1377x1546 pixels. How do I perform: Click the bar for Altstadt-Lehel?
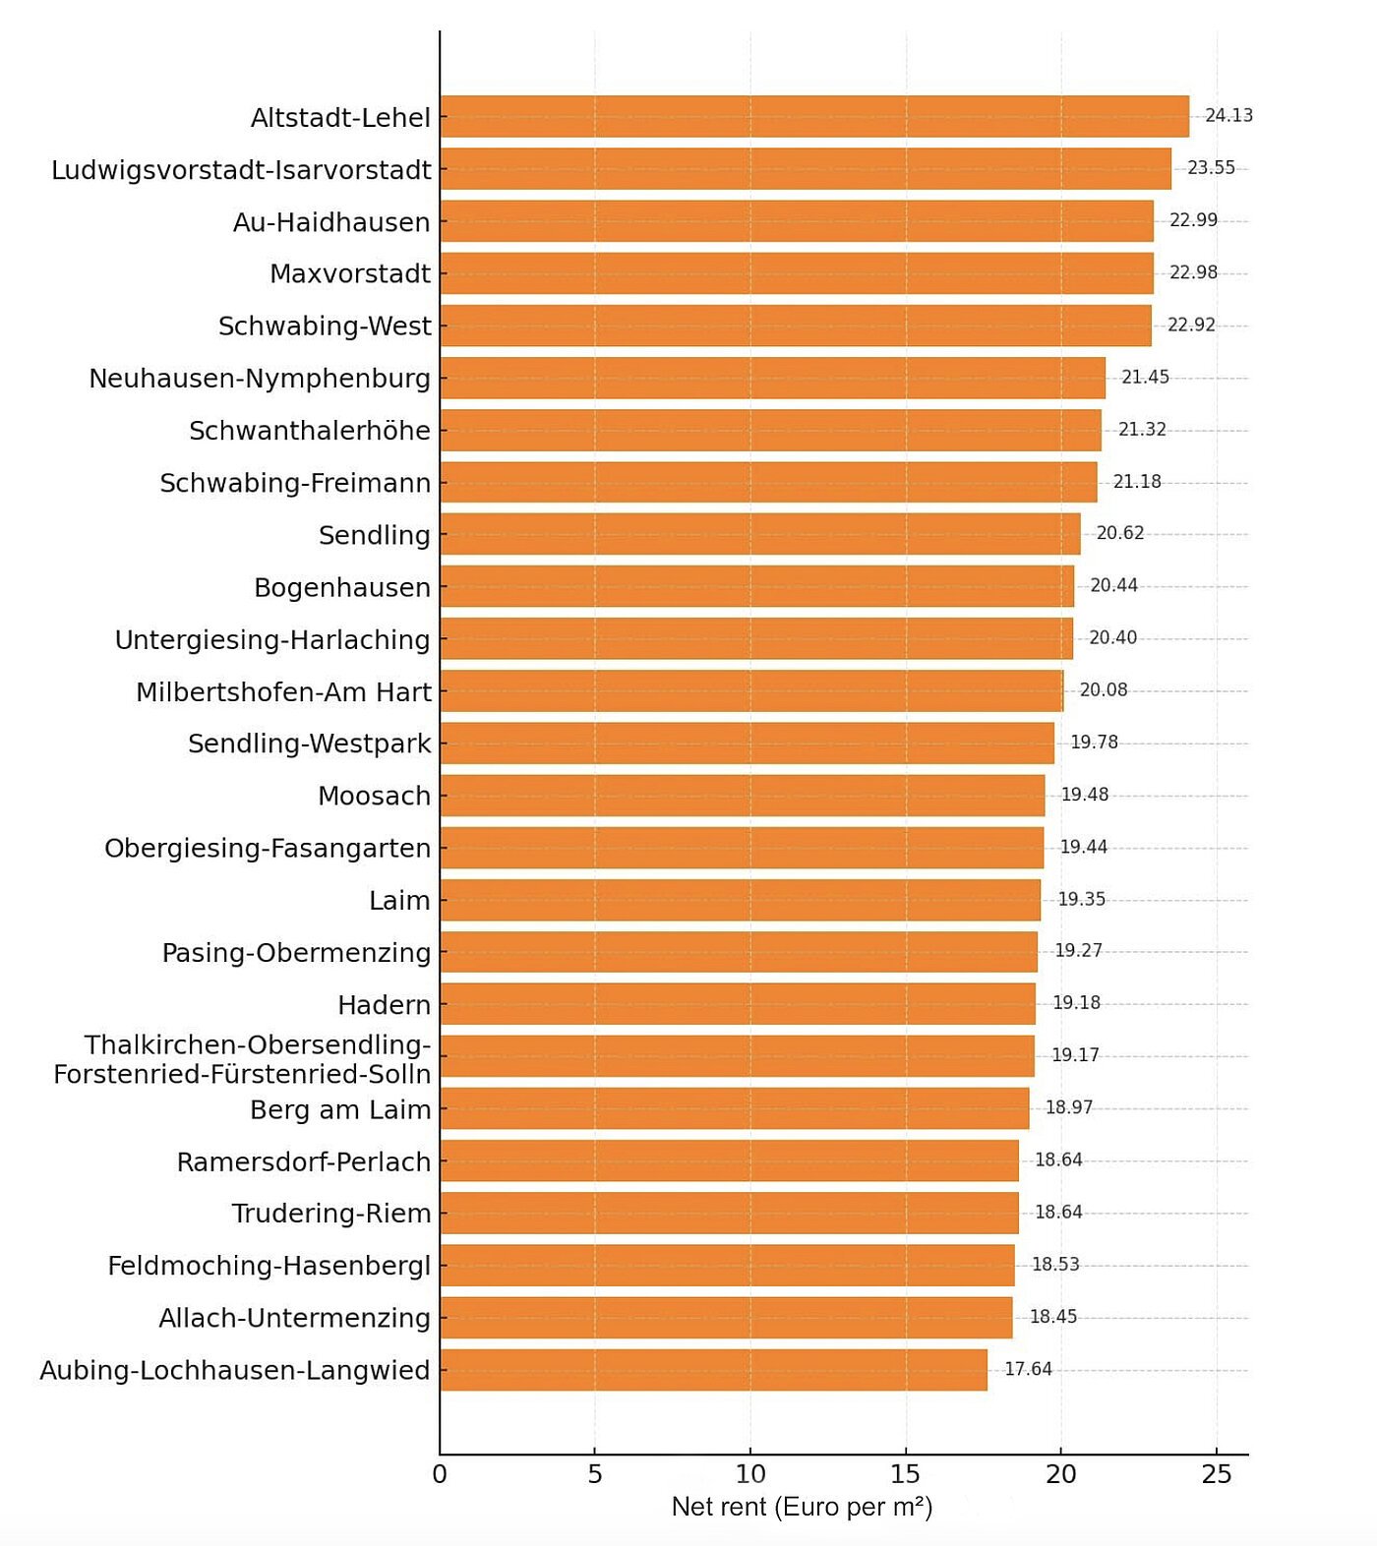[814, 116]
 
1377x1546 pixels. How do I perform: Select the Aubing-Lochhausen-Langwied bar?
[713, 1370]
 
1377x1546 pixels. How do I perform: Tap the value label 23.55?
[1211, 168]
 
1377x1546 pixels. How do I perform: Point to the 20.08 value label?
[1104, 690]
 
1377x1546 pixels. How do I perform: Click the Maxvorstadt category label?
[350, 273]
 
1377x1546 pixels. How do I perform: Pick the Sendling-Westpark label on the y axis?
[309, 743]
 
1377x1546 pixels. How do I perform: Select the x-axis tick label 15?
[906, 1474]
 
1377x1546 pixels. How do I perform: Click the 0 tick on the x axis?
[440, 1474]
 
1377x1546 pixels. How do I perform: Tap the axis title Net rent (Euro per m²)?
[802, 1507]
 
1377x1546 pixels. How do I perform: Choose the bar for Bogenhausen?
[757, 586]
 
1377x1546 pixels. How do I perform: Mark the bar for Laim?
[740, 900]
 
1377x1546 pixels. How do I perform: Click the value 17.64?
[1028, 1369]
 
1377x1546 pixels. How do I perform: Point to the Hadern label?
[384, 1005]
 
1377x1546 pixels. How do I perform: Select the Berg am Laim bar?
[735, 1108]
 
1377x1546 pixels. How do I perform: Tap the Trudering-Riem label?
[331, 1214]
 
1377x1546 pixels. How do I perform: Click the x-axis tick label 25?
[1217, 1474]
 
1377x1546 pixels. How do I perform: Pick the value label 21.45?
[1145, 378]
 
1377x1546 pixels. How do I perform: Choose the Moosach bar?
[743, 796]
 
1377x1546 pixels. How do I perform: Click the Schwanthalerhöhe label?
[310, 431]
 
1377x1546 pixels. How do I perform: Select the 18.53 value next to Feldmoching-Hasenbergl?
[1055, 1265]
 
